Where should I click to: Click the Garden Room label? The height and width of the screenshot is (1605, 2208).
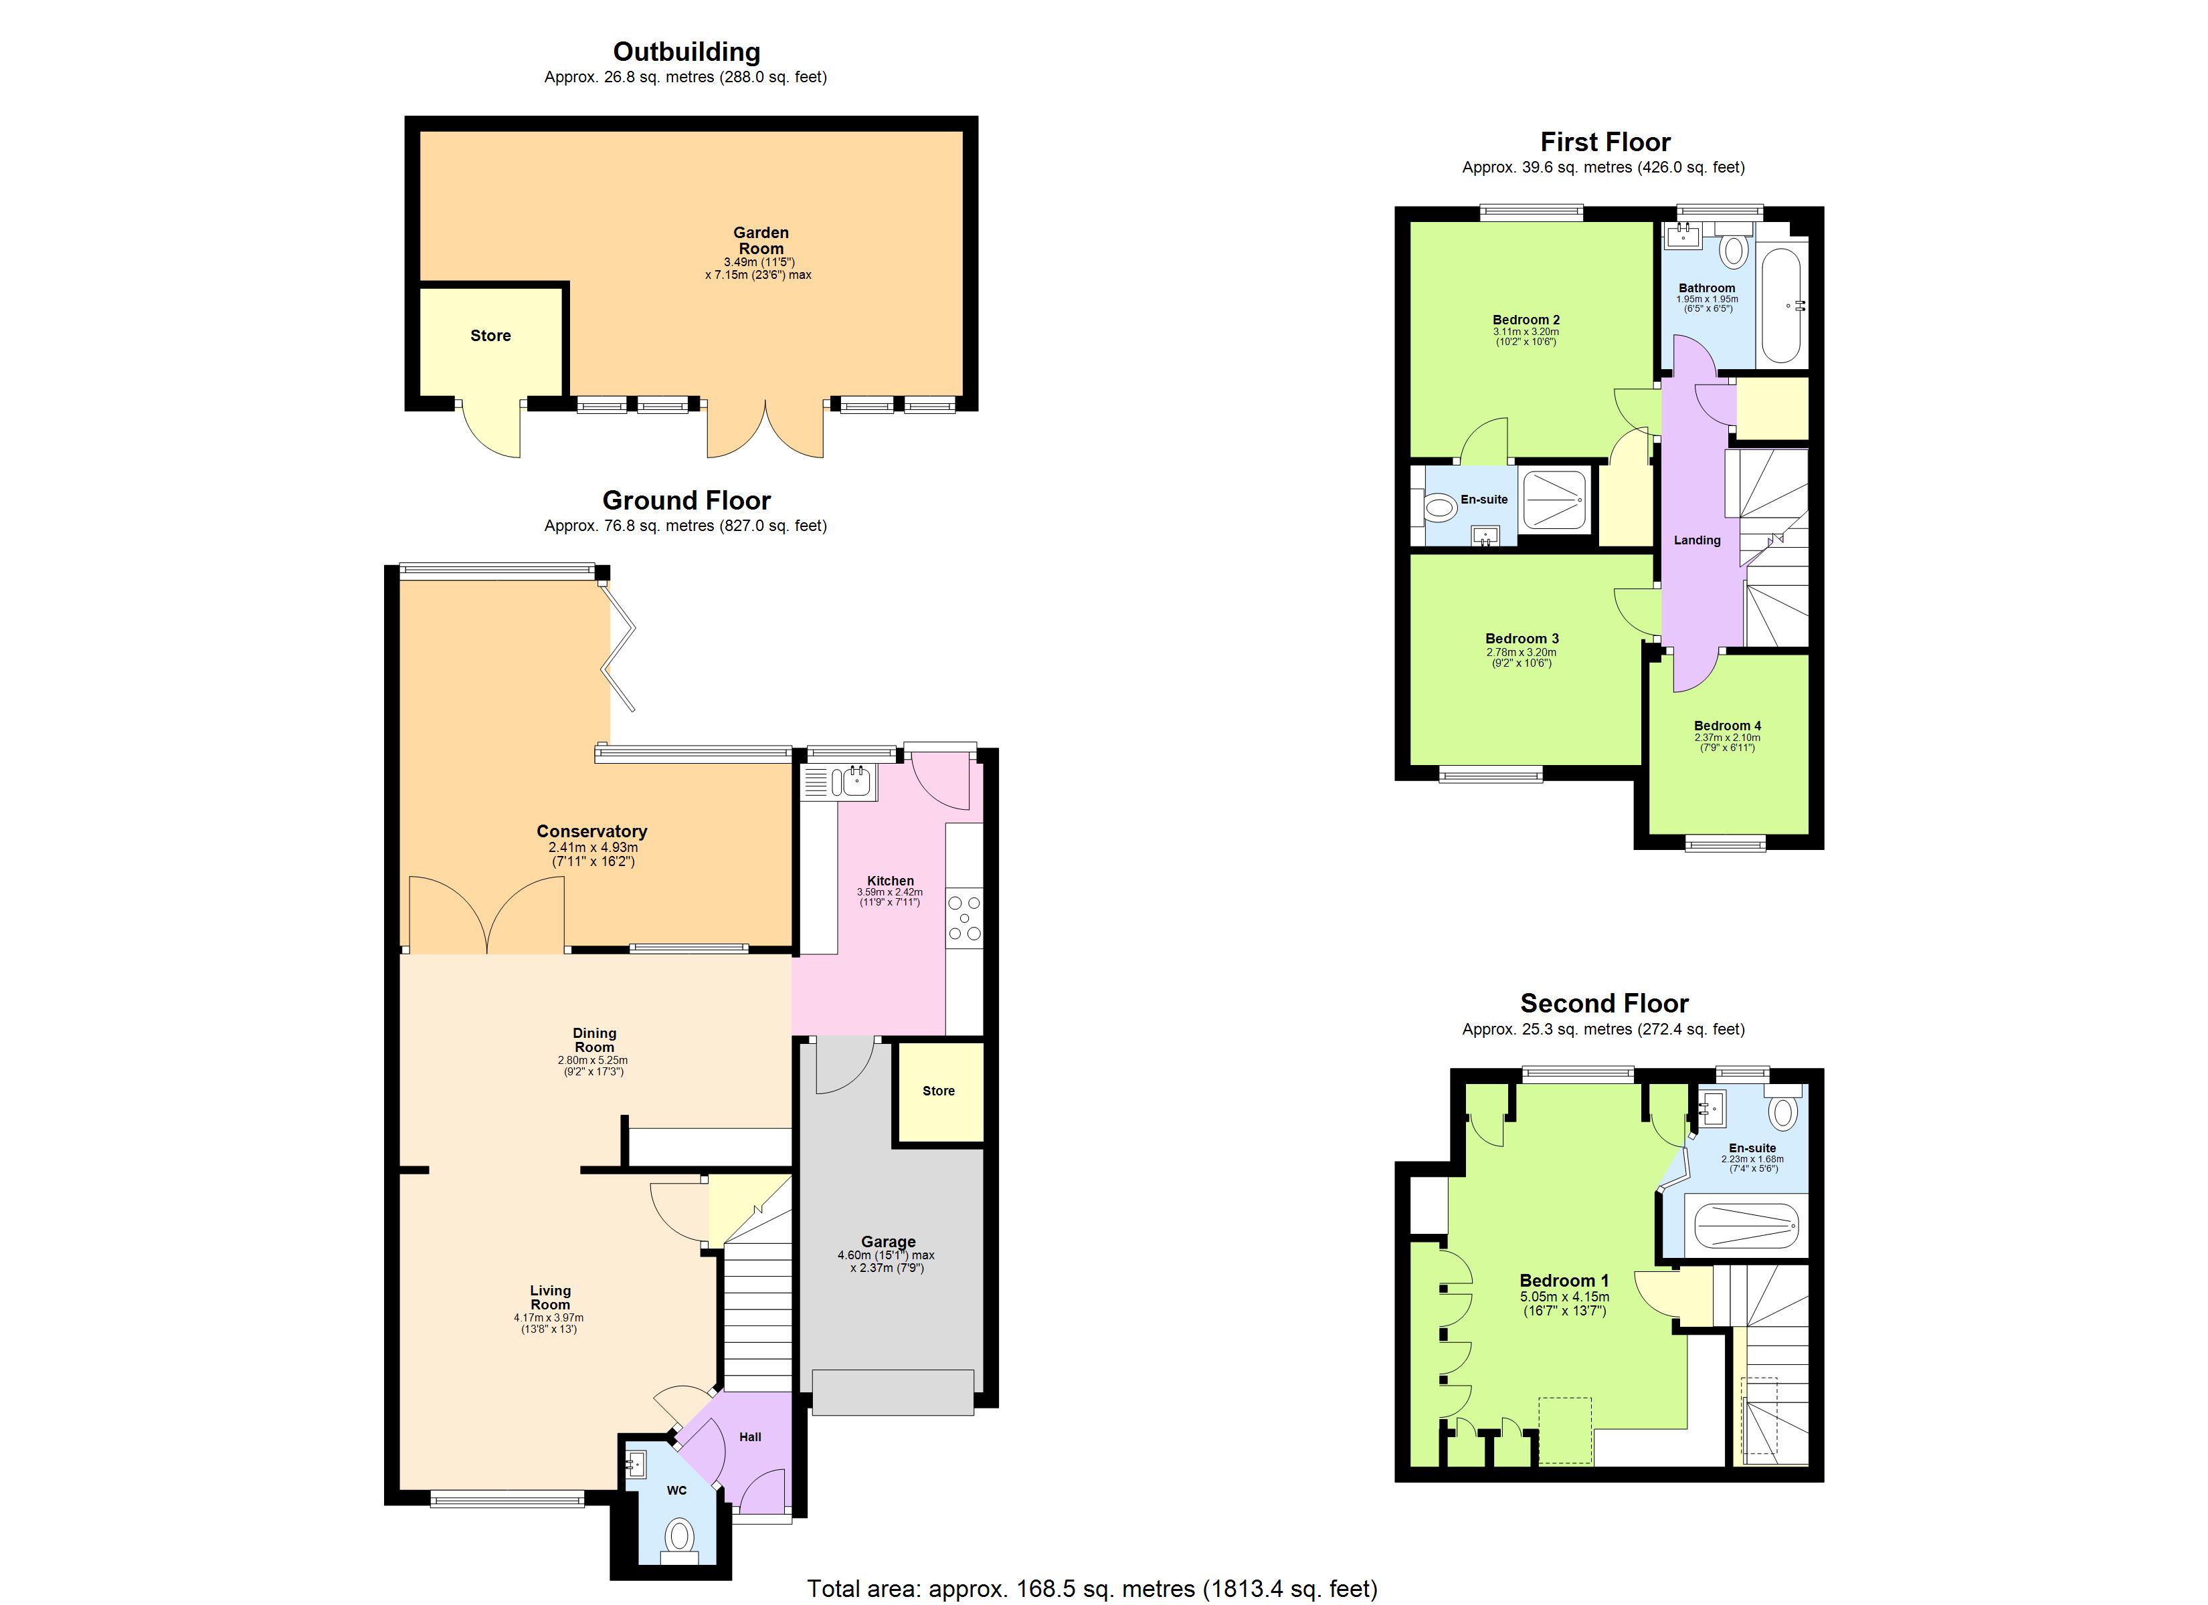760,240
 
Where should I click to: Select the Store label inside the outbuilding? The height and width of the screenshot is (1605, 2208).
490,336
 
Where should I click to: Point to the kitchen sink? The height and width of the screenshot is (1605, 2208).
855,780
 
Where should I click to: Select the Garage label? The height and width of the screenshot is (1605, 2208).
887,1242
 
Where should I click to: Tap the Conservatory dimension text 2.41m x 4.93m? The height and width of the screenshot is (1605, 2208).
592,848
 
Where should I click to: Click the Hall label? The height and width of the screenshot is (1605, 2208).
749,1436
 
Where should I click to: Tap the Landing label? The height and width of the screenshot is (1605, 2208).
1696,540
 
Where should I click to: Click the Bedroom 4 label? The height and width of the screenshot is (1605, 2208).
1727,726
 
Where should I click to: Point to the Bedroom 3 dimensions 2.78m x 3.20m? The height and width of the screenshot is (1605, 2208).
1521,652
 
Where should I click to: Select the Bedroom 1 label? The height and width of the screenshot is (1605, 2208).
1564,1281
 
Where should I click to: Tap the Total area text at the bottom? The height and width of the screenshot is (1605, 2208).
1091,1588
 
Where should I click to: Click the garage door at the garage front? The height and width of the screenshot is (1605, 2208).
892,1392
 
